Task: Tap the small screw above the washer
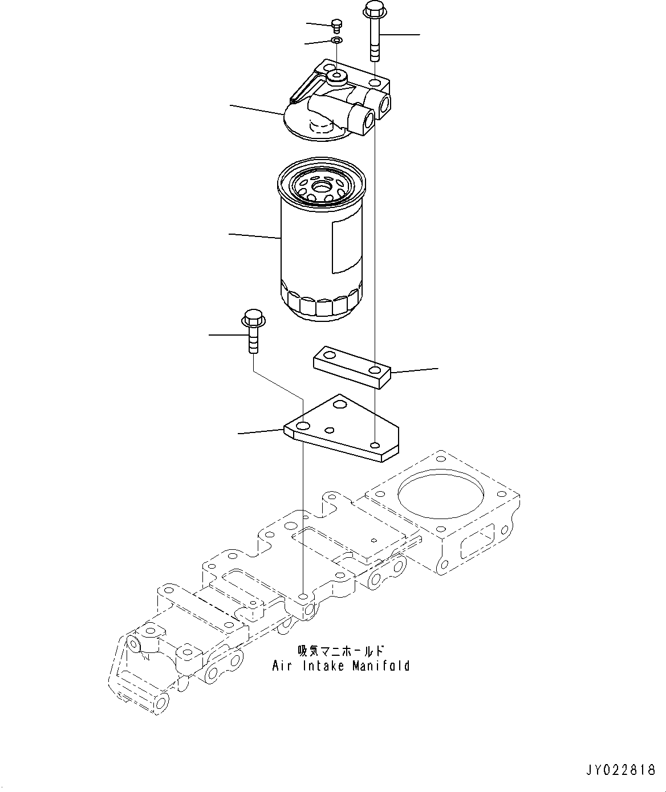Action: click(x=336, y=25)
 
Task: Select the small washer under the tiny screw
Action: click(x=336, y=40)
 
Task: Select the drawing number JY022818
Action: click(x=620, y=770)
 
